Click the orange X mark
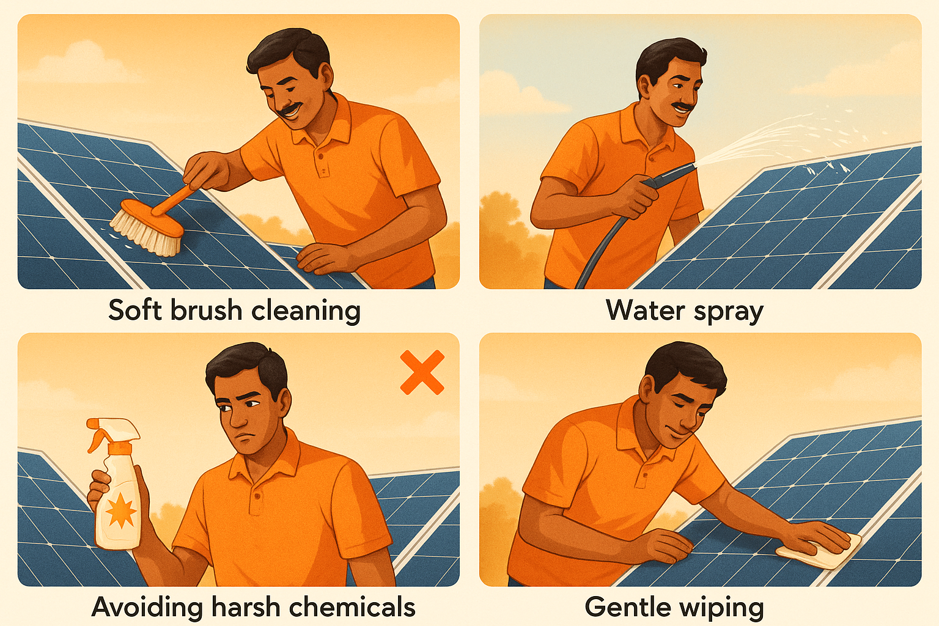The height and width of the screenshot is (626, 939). (422, 372)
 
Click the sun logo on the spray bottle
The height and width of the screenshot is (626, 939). (120, 511)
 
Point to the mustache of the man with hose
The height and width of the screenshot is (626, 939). (683, 107)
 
